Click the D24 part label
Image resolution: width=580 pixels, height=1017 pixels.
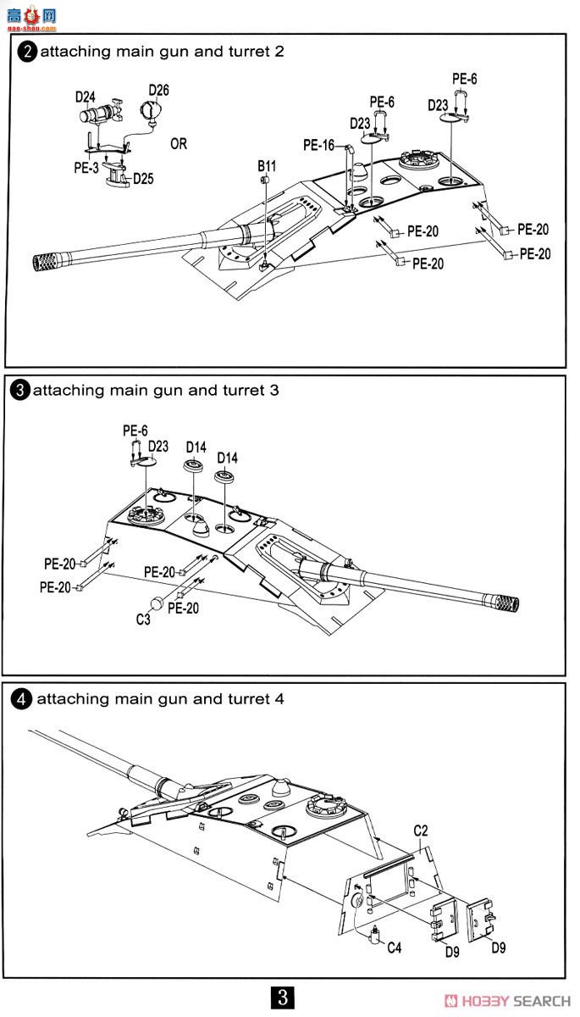[x=86, y=97]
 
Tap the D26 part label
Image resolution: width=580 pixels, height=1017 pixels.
[x=158, y=90]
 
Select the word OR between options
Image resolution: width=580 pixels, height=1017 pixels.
[x=179, y=144]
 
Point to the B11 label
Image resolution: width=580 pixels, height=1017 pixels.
[x=267, y=166]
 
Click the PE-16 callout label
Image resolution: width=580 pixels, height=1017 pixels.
[x=319, y=145]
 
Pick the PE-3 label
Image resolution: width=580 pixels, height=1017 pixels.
[x=86, y=168]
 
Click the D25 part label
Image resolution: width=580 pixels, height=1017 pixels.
[x=143, y=179]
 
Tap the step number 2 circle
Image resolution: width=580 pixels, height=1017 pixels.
[x=27, y=52]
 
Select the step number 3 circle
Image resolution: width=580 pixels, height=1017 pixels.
[x=20, y=391]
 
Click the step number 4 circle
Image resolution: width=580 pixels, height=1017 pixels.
[x=21, y=699]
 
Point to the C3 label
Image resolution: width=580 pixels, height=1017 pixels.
[x=143, y=620]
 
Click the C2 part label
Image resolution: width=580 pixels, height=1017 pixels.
[x=421, y=831]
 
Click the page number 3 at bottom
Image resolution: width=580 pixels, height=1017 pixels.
[x=283, y=997]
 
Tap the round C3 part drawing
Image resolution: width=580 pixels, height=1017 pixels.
[x=157, y=603]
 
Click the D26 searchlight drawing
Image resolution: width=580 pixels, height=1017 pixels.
[x=150, y=111]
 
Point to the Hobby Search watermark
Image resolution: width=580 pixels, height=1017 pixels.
[x=507, y=1001]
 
